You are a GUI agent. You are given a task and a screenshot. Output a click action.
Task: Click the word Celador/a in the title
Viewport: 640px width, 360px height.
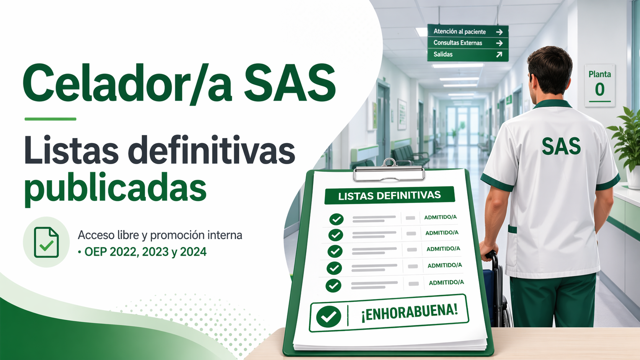point(127,83)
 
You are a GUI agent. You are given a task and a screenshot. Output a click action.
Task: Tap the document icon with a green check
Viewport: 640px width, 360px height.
point(46,243)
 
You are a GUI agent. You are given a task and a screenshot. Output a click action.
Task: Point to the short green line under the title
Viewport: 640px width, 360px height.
point(50,119)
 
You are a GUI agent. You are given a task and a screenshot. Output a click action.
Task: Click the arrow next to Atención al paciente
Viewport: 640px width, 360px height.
point(499,32)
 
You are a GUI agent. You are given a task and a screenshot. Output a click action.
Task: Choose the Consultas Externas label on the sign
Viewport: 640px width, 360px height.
point(458,43)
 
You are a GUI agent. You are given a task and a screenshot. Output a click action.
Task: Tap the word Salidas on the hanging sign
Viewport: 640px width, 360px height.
point(443,54)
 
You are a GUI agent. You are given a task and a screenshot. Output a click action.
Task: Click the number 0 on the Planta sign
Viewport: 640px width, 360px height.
point(599,90)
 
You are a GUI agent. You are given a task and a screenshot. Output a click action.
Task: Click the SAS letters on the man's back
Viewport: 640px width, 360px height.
point(561,146)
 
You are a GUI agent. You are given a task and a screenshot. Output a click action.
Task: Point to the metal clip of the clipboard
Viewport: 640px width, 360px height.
point(389,171)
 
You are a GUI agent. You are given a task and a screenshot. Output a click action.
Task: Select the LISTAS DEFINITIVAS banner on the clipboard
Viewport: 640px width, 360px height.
point(389,195)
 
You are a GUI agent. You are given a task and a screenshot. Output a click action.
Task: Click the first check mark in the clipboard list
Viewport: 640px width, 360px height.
point(336,219)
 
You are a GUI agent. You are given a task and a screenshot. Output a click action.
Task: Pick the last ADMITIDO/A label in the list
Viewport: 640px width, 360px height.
point(446,283)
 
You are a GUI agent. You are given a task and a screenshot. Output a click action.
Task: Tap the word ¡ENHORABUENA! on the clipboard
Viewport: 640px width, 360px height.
point(410,313)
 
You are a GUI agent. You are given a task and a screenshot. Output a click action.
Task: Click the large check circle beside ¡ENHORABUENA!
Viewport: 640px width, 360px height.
point(328,316)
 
